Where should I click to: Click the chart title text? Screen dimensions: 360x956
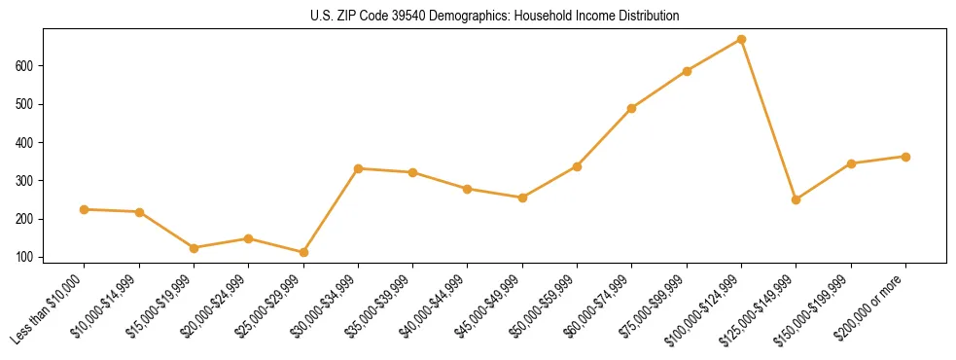coord(478,17)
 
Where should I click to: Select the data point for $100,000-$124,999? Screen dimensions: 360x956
coord(741,40)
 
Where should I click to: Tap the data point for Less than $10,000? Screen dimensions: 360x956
coord(84,209)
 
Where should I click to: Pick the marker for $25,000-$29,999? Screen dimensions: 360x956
coord(303,253)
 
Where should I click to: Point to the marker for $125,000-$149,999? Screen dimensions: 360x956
coord(796,199)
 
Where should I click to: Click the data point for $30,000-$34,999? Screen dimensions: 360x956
coord(358,168)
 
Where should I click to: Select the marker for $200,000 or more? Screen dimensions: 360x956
coord(905,157)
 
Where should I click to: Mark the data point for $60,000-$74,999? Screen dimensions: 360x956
coord(632,108)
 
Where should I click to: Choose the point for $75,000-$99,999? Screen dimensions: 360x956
coord(687,71)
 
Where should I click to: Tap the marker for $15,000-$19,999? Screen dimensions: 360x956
coord(194,248)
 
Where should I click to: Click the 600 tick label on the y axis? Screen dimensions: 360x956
coord(32,66)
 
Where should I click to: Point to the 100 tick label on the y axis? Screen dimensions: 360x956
coord(32,258)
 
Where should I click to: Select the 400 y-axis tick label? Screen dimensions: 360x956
coord(32,143)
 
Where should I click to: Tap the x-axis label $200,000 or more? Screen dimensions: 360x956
coord(872,307)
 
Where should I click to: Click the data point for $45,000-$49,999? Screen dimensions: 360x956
coord(522,198)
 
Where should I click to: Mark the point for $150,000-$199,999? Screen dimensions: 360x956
coord(851,163)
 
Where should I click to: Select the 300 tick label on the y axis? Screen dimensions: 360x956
coord(32,181)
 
